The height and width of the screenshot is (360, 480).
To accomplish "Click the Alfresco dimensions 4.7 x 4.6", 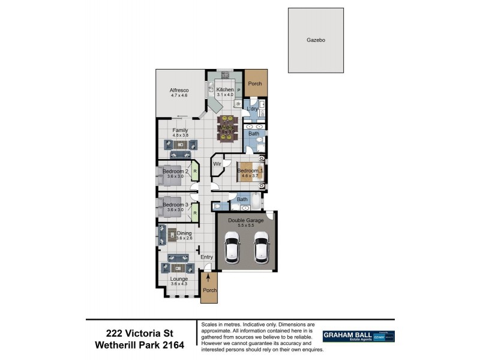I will pyautogui.click(x=179, y=95).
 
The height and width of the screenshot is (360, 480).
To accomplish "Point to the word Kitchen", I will pyautogui.click(x=225, y=90).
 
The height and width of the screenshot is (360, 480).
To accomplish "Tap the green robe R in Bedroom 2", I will pyautogui.click(x=195, y=170).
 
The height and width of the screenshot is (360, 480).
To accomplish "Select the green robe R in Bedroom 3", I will pyautogui.click(x=195, y=212).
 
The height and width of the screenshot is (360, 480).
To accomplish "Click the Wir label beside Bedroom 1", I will pyautogui.click(x=217, y=163).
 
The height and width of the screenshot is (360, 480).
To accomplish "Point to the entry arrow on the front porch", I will pyautogui.click(x=208, y=278).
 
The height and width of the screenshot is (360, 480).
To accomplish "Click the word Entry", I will pyautogui.click(x=206, y=257).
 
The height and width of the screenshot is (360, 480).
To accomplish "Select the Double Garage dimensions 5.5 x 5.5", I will pyautogui.click(x=245, y=226).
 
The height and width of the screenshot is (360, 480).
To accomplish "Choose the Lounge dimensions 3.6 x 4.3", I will pyautogui.click(x=179, y=284).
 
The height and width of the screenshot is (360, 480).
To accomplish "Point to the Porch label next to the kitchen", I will pyautogui.click(x=255, y=84).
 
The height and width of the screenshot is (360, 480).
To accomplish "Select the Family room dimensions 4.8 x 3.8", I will pyautogui.click(x=180, y=136).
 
